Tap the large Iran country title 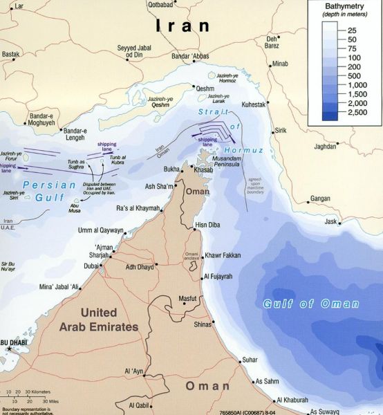coord(183,26)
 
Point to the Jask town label coord(331,222)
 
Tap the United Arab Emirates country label coord(109,320)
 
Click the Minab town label coord(280,64)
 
